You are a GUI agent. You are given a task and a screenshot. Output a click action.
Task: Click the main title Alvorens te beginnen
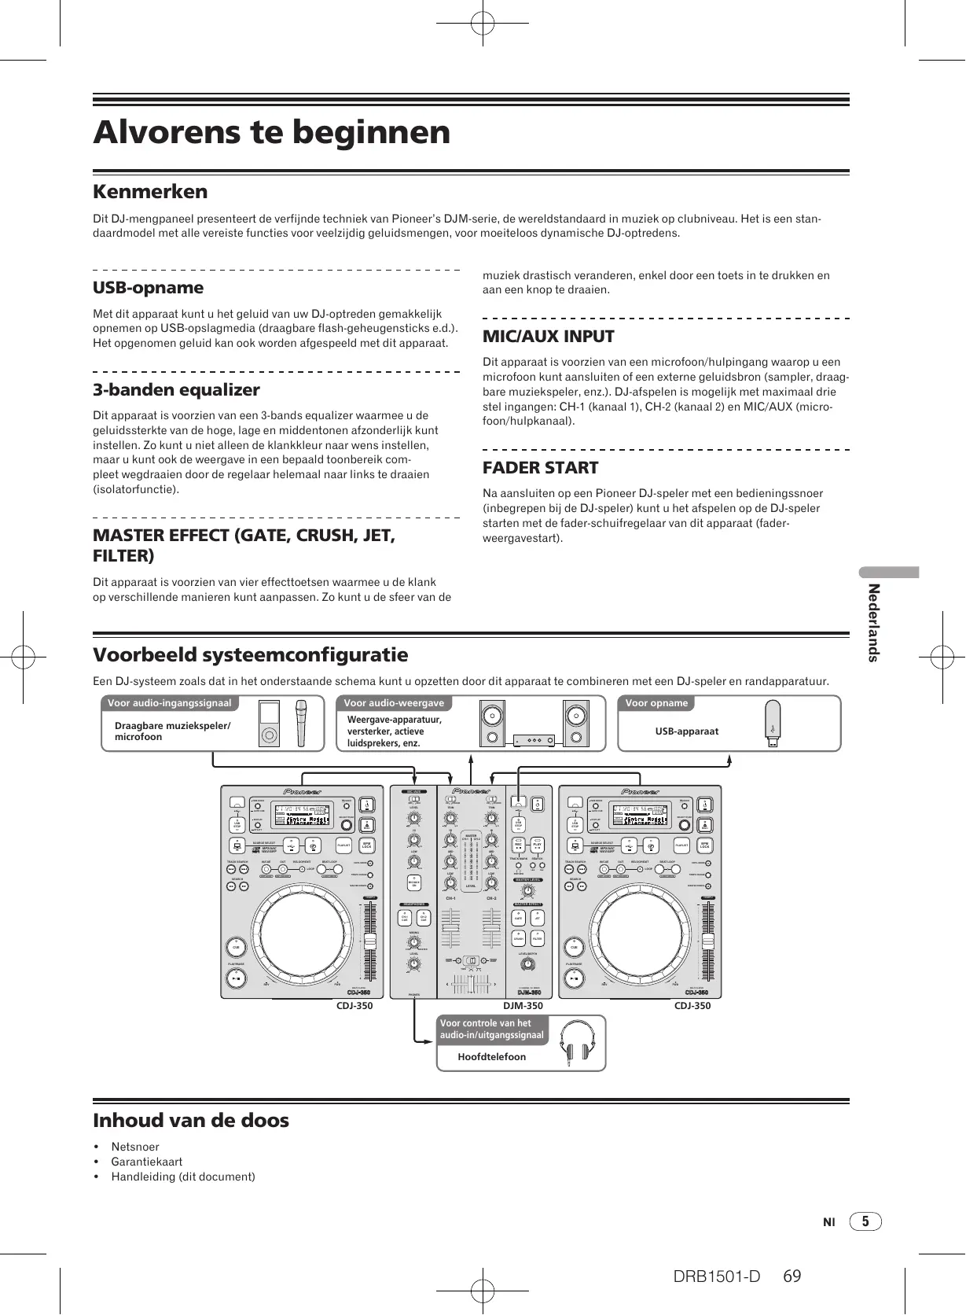[272, 132]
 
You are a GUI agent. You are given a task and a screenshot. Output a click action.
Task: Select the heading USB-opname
[148, 288]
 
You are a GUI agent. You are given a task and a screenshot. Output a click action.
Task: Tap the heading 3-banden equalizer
[176, 390]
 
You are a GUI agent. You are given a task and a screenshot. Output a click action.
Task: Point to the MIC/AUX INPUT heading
[548, 337]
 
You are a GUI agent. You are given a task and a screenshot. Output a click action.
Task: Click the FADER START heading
[540, 468]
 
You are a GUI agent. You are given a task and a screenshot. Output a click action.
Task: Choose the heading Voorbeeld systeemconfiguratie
[250, 655]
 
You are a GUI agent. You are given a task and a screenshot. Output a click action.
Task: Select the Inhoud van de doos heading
[191, 1120]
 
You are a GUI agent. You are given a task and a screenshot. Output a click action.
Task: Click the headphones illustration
[578, 1044]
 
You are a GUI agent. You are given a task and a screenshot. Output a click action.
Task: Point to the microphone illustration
[302, 724]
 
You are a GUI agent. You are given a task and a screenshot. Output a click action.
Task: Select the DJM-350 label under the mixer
[523, 1006]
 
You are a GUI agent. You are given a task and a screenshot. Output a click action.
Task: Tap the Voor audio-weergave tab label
[394, 703]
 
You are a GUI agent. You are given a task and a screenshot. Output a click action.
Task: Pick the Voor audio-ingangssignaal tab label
[169, 703]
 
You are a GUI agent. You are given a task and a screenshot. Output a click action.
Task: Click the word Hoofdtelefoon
[492, 1056]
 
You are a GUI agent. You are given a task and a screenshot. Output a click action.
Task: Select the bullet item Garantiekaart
[146, 1162]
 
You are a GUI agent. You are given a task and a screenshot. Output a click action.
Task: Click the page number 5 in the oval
[865, 1221]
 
